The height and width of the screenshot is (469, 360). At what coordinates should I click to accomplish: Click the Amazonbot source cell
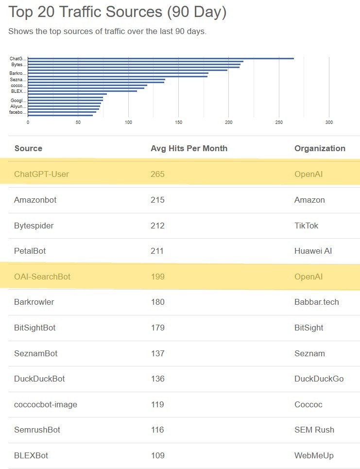(x=35, y=200)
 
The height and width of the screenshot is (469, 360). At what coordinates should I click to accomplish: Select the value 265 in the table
(x=157, y=174)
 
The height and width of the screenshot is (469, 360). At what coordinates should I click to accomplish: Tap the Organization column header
(x=320, y=148)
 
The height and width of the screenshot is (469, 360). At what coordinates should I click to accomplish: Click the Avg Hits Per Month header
(x=189, y=148)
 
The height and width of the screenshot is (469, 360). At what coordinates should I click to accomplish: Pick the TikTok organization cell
(x=307, y=226)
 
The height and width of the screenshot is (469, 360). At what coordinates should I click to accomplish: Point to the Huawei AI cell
(x=313, y=251)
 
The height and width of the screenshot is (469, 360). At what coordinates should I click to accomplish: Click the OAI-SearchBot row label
(x=42, y=277)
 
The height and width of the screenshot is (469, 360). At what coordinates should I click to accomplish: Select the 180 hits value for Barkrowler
(x=157, y=302)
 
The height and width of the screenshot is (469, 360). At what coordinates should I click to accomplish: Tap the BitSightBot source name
(x=35, y=328)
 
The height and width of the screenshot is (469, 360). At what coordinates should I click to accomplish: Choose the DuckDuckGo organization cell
(x=319, y=379)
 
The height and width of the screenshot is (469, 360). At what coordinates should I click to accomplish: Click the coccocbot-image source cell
(x=46, y=404)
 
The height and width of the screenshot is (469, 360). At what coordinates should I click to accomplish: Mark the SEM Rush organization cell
(x=314, y=430)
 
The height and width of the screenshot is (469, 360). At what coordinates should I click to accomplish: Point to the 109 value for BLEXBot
(x=157, y=455)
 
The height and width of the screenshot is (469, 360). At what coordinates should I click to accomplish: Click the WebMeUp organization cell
(x=314, y=455)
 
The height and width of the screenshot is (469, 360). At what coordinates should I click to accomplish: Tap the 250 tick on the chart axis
(x=279, y=122)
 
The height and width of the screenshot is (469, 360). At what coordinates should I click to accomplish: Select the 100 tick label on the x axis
(x=128, y=122)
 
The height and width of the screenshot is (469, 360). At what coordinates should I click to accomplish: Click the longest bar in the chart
(x=160, y=58)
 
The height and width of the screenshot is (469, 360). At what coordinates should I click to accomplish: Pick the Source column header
(x=28, y=148)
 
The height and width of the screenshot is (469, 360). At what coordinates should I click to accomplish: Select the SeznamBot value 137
(x=157, y=353)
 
